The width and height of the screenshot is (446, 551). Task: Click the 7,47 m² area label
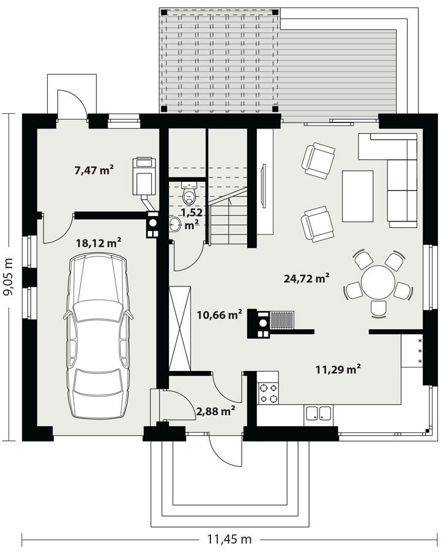pos(94,170)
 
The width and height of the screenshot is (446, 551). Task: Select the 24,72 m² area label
pos(307,279)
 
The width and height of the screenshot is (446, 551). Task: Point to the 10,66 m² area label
pos(219,315)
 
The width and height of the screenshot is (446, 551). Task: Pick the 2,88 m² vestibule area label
pos(216,411)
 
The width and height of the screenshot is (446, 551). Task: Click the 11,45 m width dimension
pos(229,539)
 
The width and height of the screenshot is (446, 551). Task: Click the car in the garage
pos(98,334)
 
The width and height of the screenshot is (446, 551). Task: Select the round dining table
pos(377,282)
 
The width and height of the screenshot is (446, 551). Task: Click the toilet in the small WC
pos(189,195)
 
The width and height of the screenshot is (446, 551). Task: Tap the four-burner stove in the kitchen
pos(267,392)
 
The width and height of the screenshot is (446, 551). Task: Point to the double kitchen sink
pos(319,413)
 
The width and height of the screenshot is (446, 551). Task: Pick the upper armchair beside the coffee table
pos(318,160)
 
